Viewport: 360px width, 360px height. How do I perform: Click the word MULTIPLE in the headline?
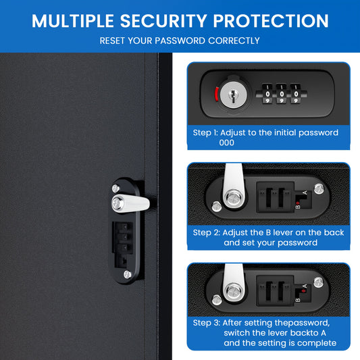[x=73, y=21]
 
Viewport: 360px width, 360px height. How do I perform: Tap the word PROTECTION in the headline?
[x=271, y=21]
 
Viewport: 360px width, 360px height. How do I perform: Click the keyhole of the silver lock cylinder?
[x=233, y=95]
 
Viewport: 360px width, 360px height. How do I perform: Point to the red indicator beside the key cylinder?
[x=216, y=94]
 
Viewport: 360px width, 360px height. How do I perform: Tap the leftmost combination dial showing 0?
[x=267, y=94]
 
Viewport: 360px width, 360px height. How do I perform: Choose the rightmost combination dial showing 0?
[x=296, y=94]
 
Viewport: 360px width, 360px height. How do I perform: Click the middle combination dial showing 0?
[x=282, y=94]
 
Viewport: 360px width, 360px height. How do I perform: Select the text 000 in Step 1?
[x=227, y=143]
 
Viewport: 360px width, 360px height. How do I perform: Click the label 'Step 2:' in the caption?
[x=207, y=233]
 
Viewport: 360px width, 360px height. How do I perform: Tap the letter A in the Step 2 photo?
[x=305, y=192]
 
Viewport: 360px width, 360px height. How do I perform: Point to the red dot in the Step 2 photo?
[x=298, y=203]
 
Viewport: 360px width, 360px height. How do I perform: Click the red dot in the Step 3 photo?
[x=303, y=291]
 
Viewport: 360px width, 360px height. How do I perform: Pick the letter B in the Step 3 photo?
[x=298, y=300]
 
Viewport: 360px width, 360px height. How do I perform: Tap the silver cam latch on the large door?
[x=130, y=203]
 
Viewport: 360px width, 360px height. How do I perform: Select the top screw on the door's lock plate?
[x=115, y=188]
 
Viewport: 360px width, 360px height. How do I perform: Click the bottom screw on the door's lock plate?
[x=128, y=274]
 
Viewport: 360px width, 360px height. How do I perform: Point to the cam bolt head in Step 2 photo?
[x=234, y=198]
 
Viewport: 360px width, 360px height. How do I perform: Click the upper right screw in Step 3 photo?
[x=318, y=282]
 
